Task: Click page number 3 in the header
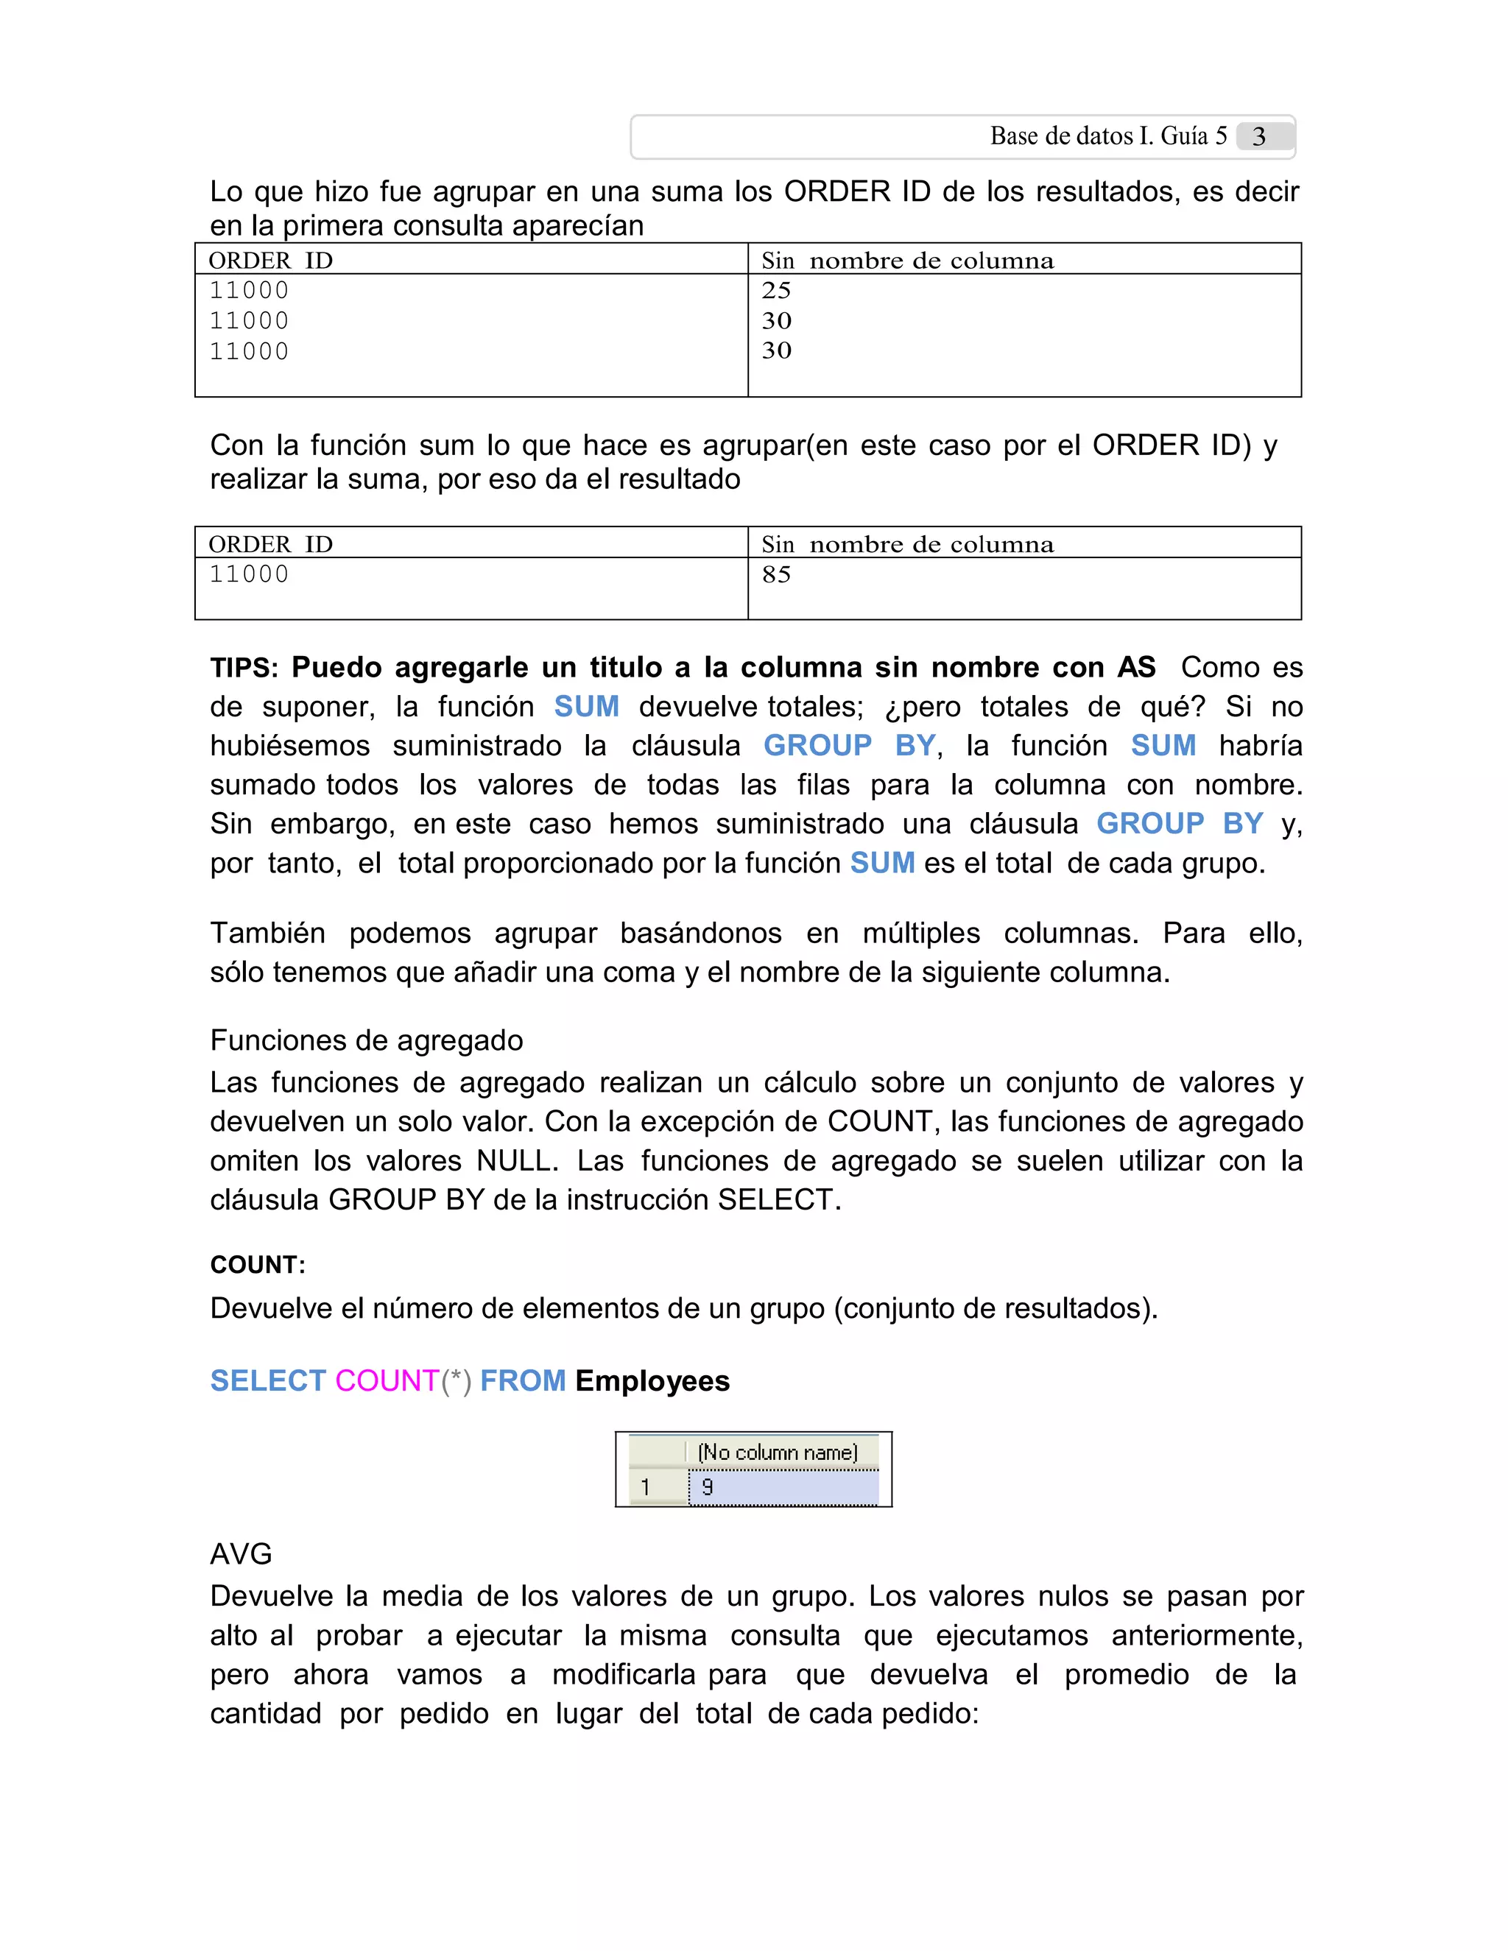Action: [x=1258, y=137]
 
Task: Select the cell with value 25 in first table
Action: [x=776, y=290]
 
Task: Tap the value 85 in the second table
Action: [x=776, y=574]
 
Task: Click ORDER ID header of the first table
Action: [x=271, y=261]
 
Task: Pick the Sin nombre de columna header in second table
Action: [x=906, y=545]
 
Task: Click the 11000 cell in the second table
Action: [x=250, y=574]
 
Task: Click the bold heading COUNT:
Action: [x=257, y=1265]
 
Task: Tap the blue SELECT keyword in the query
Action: [x=268, y=1381]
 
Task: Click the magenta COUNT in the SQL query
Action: [x=387, y=1381]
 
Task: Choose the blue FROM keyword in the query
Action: [x=523, y=1381]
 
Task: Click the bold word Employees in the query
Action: [x=652, y=1381]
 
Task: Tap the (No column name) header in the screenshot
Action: [x=778, y=1453]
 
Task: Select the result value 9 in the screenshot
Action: [x=708, y=1487]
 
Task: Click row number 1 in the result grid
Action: [x=645, y=1487]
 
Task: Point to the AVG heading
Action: [x=242, y=1554]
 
